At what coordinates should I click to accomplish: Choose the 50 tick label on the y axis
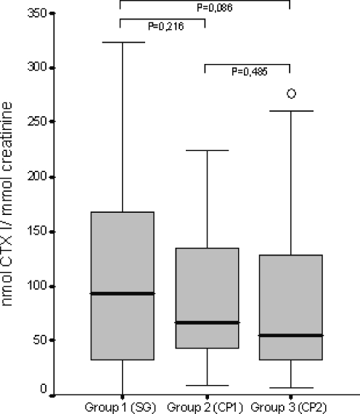(x=58, y=339)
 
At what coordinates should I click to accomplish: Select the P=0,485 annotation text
(x=247, y=72)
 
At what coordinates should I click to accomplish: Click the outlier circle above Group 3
(x=291, y=94)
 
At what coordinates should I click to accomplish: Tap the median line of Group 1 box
(x=121, y=293)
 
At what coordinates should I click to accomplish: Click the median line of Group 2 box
(x=205, y=322)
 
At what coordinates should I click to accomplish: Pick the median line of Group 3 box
(x=290, y=336)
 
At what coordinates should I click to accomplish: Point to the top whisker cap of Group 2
(x=205, y=150)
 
